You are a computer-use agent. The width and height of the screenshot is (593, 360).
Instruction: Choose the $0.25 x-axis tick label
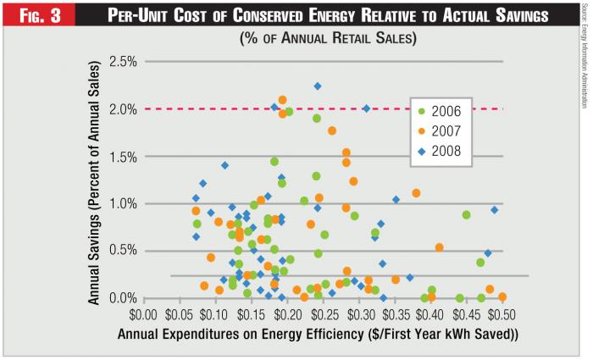point(217,314)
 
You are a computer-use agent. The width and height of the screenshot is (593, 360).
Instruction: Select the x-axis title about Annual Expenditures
point(319,334)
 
